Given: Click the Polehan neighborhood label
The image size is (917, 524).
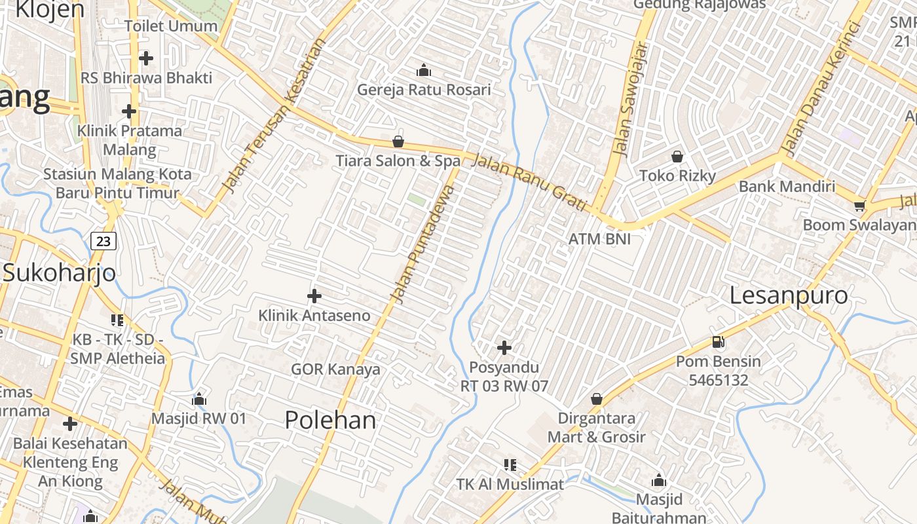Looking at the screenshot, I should click(330, 421).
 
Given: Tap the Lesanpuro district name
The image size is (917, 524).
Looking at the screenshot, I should click(789, 295).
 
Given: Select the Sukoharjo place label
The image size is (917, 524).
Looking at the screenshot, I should click(59, 273).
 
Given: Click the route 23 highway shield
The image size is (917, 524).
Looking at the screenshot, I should click(103, 241).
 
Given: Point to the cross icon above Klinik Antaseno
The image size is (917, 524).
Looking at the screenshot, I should click(314, 296).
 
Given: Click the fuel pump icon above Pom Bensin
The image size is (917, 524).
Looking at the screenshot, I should click(719, 342).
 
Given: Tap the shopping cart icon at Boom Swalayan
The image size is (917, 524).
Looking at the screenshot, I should click(859, 206).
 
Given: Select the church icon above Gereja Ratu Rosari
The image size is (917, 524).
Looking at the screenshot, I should click(424, 69).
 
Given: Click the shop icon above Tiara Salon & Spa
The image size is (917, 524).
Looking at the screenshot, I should click(398, 141).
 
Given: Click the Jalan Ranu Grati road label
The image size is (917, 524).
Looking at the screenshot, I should click(529, 182).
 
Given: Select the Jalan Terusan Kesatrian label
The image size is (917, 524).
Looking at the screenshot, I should click(273, 117).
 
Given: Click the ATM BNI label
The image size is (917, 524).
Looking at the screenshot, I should click(599, 239).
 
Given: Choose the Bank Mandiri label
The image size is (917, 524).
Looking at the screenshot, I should click(787, 186).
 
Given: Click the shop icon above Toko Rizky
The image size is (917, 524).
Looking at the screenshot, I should click(677, 157).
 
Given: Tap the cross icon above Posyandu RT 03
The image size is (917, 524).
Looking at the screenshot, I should click(504, 347).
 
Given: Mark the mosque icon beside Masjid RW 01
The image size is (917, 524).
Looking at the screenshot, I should click(199, 399).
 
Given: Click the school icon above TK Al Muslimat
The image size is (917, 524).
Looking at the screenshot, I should click(510, 465).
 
